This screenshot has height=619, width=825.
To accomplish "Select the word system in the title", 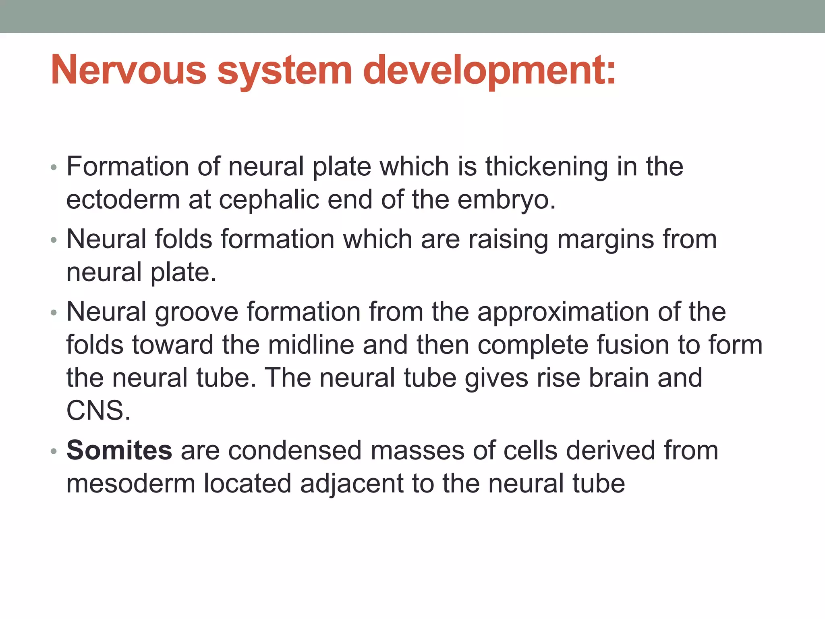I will (284, 71).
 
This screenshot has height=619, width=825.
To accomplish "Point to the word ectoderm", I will (123, 200).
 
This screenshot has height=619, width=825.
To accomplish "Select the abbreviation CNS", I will (98, 411).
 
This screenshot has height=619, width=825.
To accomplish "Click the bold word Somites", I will (119, 450).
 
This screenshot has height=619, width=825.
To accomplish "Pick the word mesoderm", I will (131, 484).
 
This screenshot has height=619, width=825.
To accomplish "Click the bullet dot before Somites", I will (54, 451).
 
